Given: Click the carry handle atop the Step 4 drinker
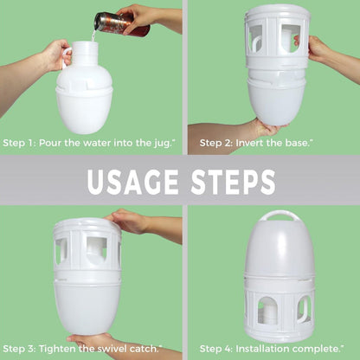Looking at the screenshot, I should pos(278,215).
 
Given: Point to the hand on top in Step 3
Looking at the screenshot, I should pos(130,222).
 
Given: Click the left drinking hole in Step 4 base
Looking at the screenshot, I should pos(267,310).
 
